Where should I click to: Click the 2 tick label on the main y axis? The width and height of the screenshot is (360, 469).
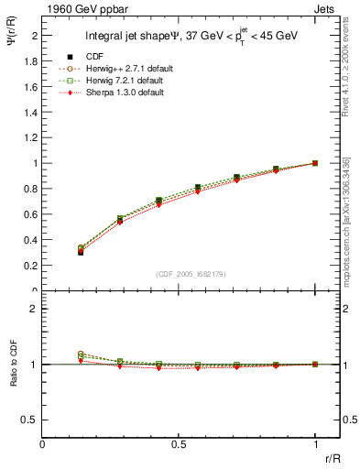(x=36, y=35)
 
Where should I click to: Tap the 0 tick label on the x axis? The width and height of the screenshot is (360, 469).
(x=42, y=444)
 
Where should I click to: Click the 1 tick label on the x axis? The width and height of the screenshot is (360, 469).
(x=315, y=444)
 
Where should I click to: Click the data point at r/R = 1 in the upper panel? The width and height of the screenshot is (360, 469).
(x=315, y=163)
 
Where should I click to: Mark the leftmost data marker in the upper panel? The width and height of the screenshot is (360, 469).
(x=81, y=250)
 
